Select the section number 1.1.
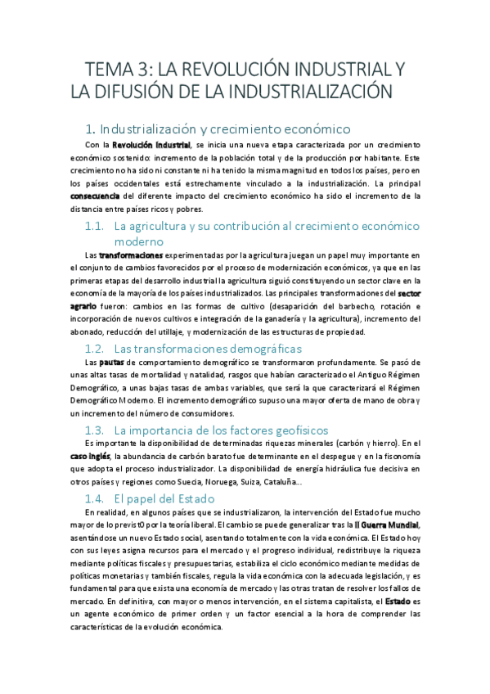(95, 226)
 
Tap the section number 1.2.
(95, 349)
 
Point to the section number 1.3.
(95, 430)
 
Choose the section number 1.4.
(95, 498)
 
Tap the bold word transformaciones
(131, 255)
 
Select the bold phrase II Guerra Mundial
(389, 524)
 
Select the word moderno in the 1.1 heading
(139, 241)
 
